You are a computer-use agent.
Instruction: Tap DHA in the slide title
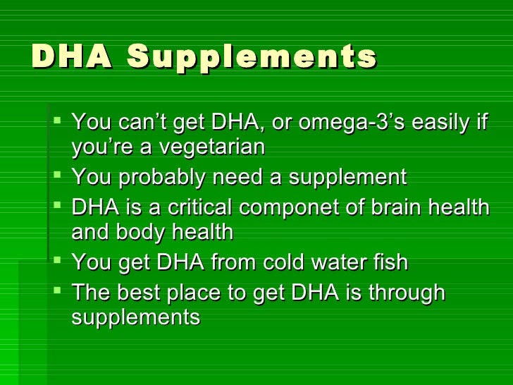71,57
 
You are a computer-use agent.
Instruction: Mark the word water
333,262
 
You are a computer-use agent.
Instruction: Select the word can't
146,123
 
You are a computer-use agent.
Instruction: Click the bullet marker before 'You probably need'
58,176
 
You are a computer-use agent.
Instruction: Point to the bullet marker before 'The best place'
58,291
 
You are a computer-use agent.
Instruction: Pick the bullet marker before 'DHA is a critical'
58,206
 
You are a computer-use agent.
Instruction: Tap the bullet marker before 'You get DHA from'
58,261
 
